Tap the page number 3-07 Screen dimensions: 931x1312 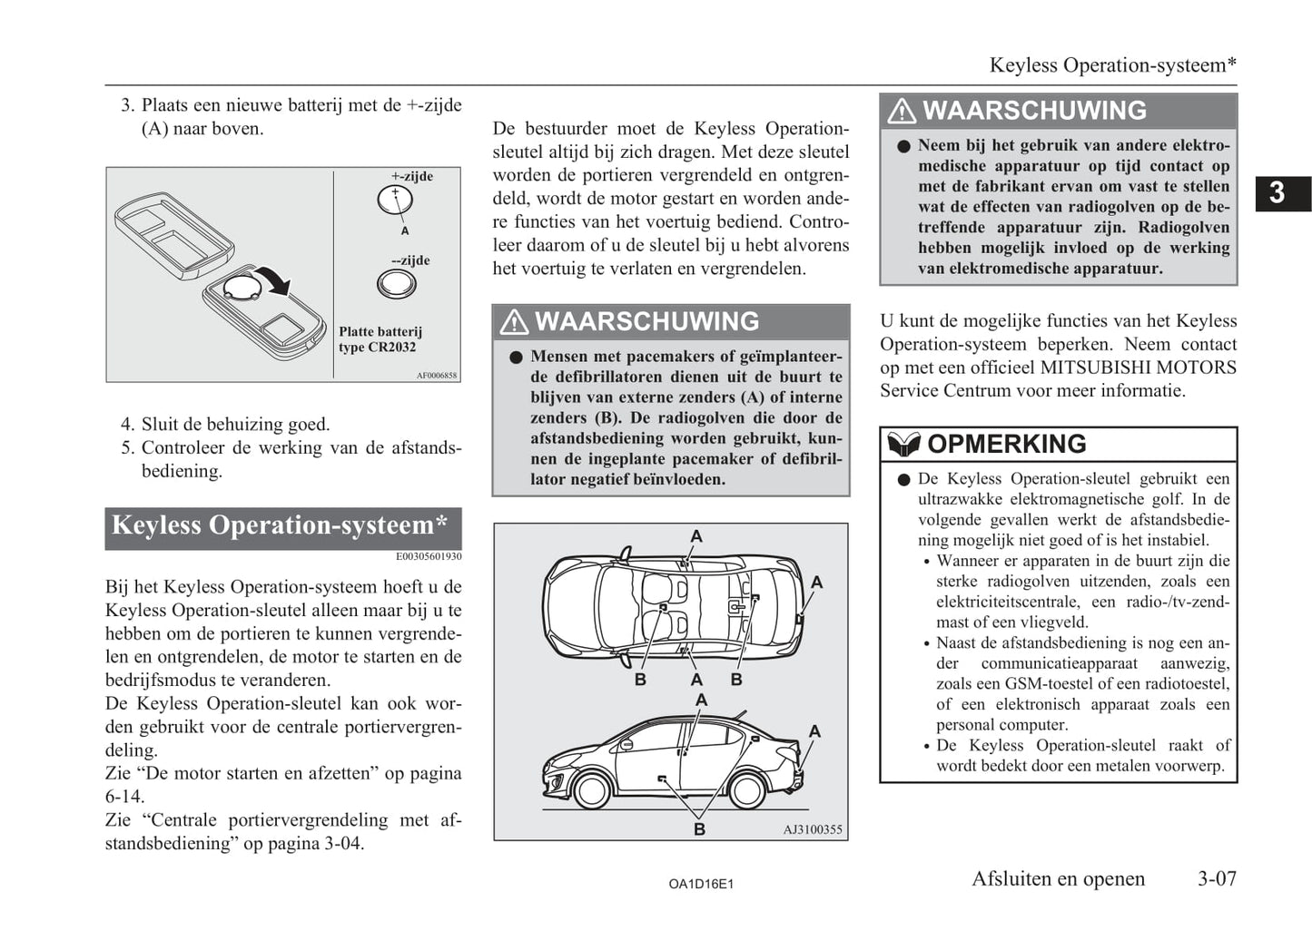(x=1217, y=878)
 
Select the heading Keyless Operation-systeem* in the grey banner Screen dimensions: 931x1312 (x=280, y=525)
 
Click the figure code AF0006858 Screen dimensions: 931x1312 (x=437, y=376)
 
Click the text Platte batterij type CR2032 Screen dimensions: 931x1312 (x=380, y=339)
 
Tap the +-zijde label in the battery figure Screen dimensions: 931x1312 (x=412, y=176)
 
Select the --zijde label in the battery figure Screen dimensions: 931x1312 (x=410, y=260)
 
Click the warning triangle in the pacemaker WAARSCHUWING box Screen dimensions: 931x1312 (x=513, y=321)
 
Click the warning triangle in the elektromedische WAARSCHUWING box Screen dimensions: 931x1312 (x=901, y=111)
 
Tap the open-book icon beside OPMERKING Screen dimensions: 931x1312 (x=903, y=444)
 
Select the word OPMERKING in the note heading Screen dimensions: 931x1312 (x=1006, y=444)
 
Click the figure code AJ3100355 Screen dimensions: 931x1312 (x=813, y=829)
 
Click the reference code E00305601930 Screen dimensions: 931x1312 (x=429, y=556)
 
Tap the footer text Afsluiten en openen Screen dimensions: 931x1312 (x=1058, y=878)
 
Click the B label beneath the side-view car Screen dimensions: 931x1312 (x=699, y=829)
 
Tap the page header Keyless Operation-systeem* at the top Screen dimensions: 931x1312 (x=1112, y=65)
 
